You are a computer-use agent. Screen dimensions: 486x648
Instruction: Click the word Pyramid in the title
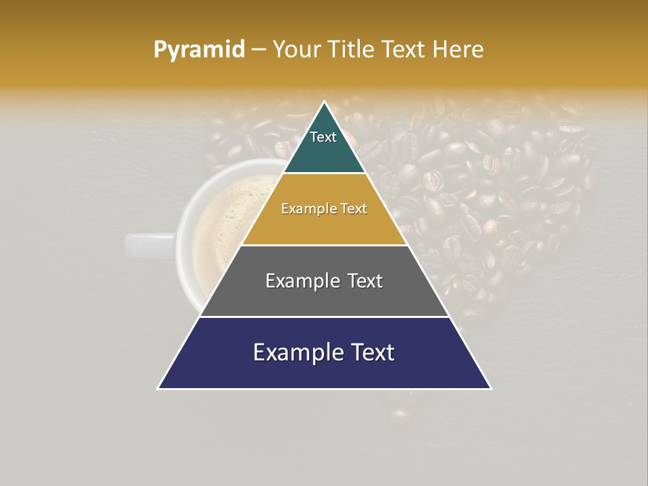point(199,49)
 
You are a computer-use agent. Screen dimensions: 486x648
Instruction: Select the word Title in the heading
point(354,49)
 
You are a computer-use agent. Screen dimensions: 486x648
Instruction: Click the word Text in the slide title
point(406,49)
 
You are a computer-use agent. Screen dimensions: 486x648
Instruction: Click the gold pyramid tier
point(324,223)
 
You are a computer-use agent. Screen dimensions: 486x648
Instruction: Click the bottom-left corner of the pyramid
point(159,388)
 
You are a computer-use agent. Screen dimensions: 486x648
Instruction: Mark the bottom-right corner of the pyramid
point(491,388)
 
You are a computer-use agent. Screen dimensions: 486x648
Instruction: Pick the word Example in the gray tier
point(295,281)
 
